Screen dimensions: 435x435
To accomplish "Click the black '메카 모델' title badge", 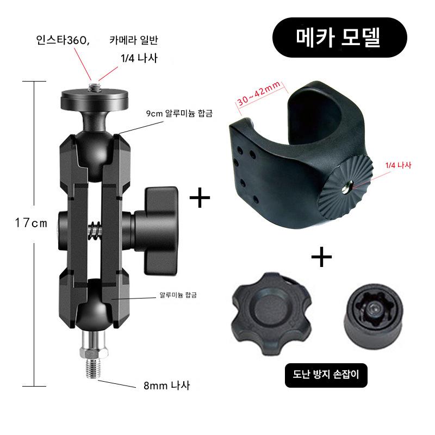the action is [339, 38].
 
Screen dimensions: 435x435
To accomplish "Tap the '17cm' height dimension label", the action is [31, 223].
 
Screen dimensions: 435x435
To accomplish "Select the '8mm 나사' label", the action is [167, 386].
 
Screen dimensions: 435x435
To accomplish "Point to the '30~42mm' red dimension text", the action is [259, 94].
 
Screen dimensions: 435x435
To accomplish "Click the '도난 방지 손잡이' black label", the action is [326, 375].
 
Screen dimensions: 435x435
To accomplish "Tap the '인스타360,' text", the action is [63, 40].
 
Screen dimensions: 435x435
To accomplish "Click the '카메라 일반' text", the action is [134, 40].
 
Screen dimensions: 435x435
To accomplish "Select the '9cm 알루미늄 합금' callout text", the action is [179, 113].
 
